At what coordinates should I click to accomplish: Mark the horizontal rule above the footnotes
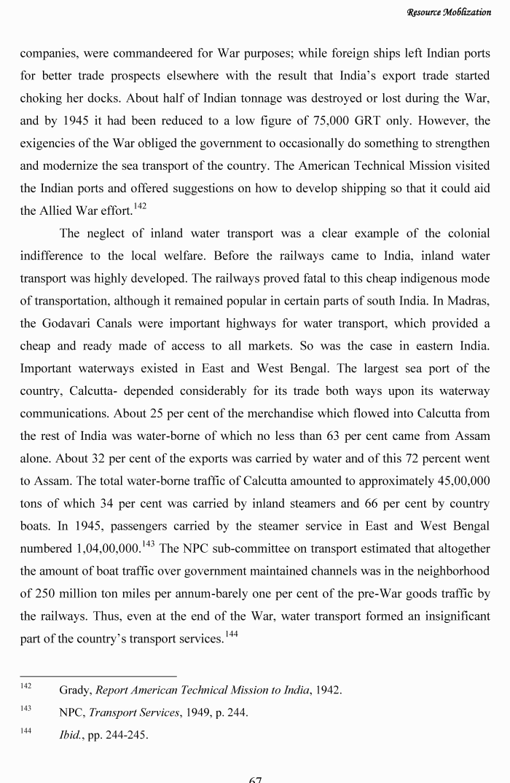pyautogui.click(x=98, y=676)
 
